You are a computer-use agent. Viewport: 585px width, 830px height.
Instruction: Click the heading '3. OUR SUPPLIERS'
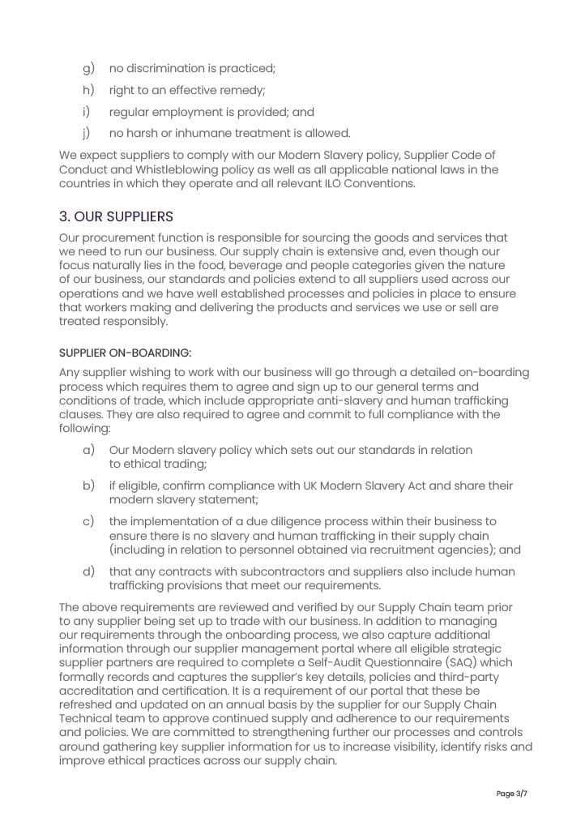[116, 217]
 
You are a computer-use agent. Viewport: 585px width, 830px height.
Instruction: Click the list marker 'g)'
[89, 70]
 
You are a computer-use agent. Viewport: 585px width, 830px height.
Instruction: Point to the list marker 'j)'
[86, 133]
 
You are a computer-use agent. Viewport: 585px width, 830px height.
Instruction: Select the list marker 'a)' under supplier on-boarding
[89, 450]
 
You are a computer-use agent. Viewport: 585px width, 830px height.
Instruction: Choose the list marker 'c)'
[89, 521]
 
